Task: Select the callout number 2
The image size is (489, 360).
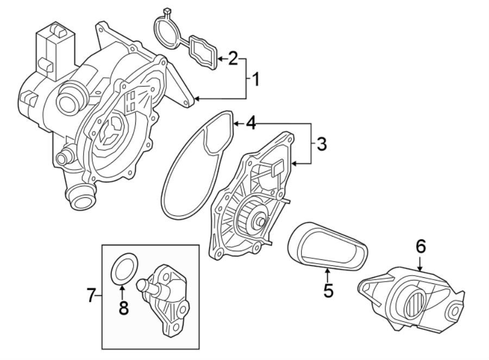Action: (x=233, y=58)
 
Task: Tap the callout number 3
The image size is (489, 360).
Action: (x=322, y=144)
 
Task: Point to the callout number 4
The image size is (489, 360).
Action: (x=250, y=124)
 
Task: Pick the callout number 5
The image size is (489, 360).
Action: (x=328, y=289)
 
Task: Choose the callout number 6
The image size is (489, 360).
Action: (x=421, y=247)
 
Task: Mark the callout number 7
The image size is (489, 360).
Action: (x=91, y=296)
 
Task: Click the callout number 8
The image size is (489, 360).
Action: (x=123, y=308)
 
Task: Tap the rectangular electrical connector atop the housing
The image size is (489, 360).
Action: (x=52, y=49)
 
